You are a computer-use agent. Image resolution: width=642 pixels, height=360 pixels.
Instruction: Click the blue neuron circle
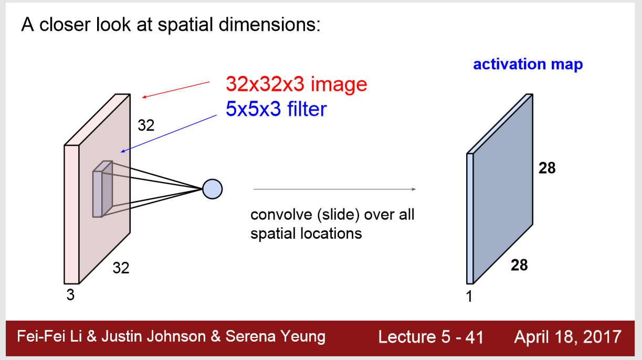point(213,188)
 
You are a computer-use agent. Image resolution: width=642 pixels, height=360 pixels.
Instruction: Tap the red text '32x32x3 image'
point(296,83)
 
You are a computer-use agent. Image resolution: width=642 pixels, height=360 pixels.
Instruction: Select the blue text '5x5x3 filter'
point(276,109)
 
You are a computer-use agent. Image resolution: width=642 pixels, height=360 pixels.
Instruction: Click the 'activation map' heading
point(528,65)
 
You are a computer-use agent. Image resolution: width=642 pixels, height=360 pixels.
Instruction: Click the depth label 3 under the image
point(70,295)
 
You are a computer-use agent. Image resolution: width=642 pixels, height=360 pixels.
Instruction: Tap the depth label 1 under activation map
point(469,297)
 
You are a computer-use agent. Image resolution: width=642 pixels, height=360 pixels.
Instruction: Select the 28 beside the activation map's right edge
point(547,168)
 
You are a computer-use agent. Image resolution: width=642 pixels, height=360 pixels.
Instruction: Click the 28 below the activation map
point(519,265)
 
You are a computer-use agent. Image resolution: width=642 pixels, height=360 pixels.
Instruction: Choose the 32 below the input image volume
point(121,268)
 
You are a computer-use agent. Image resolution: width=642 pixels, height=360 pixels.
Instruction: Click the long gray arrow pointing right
point(334,189)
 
